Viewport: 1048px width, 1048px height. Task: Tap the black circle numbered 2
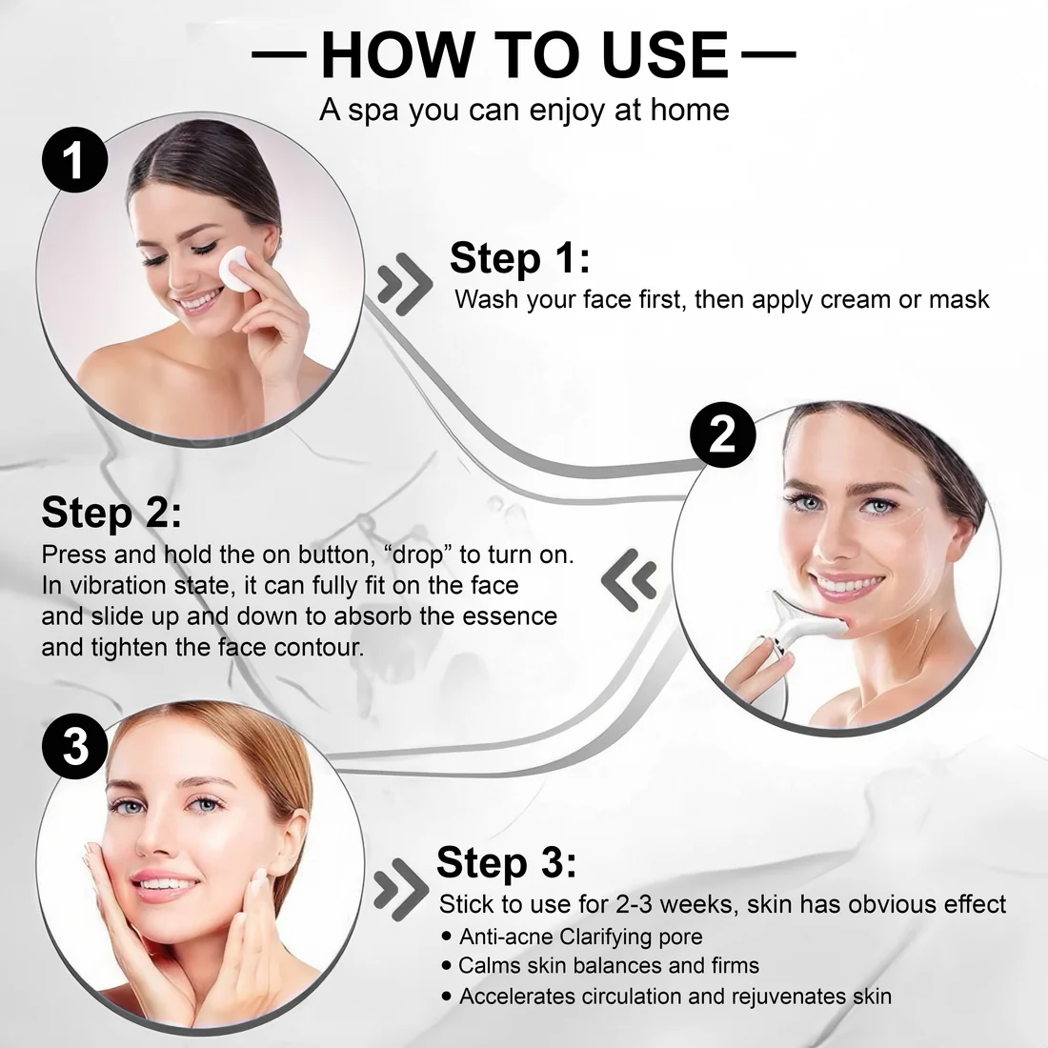click(723, 436)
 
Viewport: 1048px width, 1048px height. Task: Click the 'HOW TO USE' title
click(524, 54)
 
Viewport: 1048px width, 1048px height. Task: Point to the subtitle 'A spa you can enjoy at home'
click(524, 110)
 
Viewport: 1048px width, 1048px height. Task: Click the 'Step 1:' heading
click(519, 259)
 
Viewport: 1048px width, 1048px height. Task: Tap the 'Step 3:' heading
click(506, 862)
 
